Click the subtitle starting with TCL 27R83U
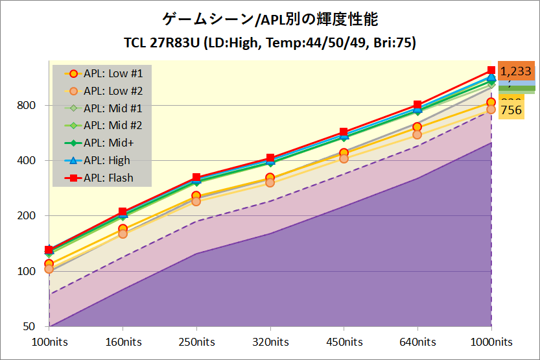[270, 43]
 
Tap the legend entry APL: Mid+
[103, 143]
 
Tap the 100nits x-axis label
[49, 342]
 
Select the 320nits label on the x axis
[270, 342]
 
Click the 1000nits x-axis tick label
[491, 342]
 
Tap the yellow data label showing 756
[511, 110]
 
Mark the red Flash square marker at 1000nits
[491, 70]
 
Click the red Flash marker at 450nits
[344, 132]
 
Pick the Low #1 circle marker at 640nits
[417, 127]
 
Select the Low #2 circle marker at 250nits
[196, 201]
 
